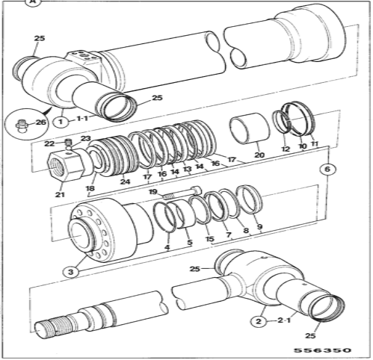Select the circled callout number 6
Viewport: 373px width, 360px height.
click(326, 169)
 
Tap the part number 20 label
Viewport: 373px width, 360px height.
click(259, 155)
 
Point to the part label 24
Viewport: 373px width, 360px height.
click(125, 181)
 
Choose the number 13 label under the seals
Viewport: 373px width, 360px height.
click(187, 170)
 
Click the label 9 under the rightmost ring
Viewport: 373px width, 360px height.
click(259, 227)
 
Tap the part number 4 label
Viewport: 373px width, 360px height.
click(167, 247)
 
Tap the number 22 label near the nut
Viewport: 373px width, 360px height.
click(49, 143)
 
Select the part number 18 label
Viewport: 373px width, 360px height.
click(90, 189)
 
